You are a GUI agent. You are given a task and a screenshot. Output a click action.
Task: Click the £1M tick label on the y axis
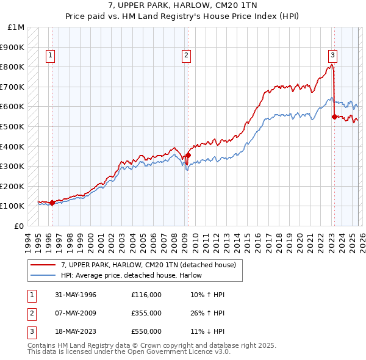[x=16, y=27]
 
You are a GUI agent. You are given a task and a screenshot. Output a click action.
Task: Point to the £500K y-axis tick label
[x=13, y=127]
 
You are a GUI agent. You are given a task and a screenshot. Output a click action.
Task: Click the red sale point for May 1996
[x=52, y=203]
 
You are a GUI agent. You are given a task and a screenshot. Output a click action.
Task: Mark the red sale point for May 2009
[x=188, y=155]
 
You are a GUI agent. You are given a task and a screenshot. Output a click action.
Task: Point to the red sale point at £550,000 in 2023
[x=334, y=117]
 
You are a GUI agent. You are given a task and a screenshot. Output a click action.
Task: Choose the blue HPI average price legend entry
[x=131, y=276]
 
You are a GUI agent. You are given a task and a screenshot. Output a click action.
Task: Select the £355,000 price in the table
[x=146, y=313]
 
